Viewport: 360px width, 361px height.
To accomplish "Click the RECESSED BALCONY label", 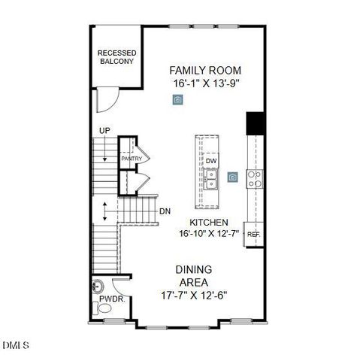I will coord(116,57).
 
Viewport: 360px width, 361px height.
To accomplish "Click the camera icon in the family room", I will coord(177,101).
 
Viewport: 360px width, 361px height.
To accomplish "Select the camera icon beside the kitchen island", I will coord(234,177).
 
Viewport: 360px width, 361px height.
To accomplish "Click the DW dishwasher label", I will coord(211,160).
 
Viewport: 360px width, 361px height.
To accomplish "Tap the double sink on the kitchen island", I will coord(210,178).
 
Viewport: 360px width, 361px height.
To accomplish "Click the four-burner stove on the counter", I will coord(256,178).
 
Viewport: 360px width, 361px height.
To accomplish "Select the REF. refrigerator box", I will coord(254,233).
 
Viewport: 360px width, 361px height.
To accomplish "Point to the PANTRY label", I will coord(132,159).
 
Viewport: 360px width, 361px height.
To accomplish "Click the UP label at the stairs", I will coord(104,132).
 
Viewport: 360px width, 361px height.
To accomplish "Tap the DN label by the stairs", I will coord(164,211).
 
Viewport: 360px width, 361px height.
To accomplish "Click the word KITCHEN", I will coord(208,223).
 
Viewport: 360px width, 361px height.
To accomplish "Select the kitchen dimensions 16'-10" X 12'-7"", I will coord(208,234).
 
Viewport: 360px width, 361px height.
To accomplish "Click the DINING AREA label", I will coord(194,275).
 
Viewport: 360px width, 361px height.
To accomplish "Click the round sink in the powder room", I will coord(97,286).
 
